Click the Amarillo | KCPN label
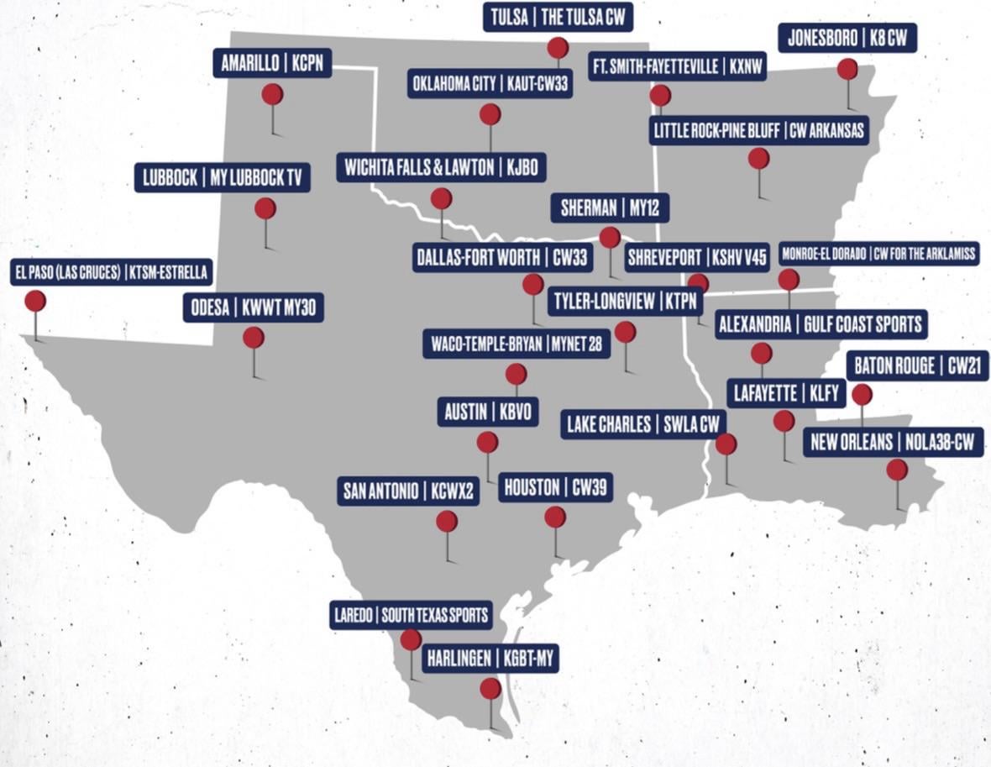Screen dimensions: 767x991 272,64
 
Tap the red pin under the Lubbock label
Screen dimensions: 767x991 265,208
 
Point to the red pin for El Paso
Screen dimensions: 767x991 35,301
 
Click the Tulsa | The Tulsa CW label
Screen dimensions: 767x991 558,18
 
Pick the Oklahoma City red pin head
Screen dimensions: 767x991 490,113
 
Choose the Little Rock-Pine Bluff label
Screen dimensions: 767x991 758,131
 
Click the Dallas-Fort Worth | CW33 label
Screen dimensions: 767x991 502,258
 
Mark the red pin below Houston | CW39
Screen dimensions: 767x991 555,517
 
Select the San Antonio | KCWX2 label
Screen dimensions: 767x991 409,491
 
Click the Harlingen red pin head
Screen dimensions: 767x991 490,689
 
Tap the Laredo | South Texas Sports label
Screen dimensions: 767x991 411,615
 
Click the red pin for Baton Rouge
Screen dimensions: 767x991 862,394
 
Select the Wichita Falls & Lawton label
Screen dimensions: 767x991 441,168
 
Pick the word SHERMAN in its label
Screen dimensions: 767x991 589,209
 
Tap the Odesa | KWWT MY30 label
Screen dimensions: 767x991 254,308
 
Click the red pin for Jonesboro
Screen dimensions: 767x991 847,69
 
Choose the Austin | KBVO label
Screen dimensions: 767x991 488,412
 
